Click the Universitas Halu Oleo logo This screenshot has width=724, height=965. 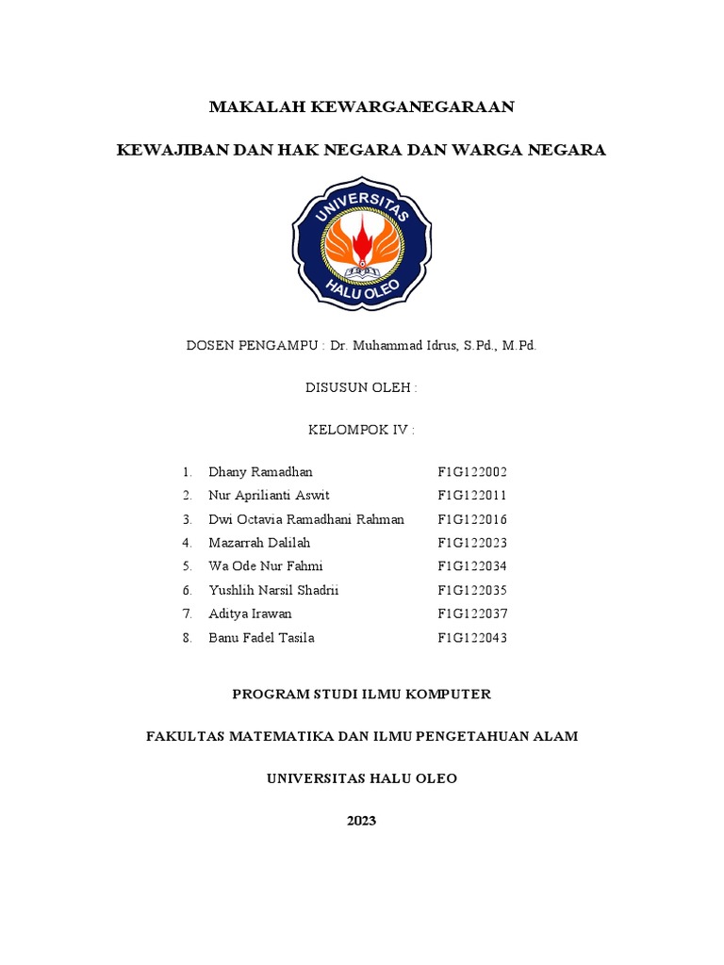tap(362, 242)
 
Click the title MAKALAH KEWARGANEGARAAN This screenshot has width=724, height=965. tap(362, 107)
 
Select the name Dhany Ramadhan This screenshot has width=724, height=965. tap(260, 471)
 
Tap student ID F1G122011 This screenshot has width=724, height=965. tap(472, 496)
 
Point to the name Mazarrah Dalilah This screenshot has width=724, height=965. tap(259, 543)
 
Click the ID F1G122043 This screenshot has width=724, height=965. tap(472, 638)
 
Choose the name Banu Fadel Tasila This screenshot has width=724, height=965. tap(262, 638)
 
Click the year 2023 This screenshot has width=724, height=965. tap(361, 821)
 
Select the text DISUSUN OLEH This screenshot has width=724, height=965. tap(361, 388)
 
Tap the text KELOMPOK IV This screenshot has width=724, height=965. tap(361, 431)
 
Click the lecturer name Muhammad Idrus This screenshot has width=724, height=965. tap(407, 346)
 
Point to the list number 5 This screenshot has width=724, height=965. tap(188, 566)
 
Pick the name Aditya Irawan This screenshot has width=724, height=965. tap(250, 614)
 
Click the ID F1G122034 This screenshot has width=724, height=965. tap(472, 566)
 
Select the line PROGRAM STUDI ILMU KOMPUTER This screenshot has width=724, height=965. tap(362, 695)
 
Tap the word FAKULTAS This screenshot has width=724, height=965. tap(183, 737)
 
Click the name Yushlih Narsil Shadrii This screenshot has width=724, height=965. tap(273, 591)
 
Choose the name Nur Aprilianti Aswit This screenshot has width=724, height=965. tap(270, 496)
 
